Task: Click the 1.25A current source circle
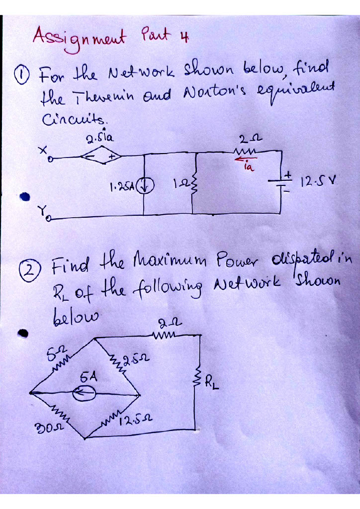pos(149,188)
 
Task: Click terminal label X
pos(43,149)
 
